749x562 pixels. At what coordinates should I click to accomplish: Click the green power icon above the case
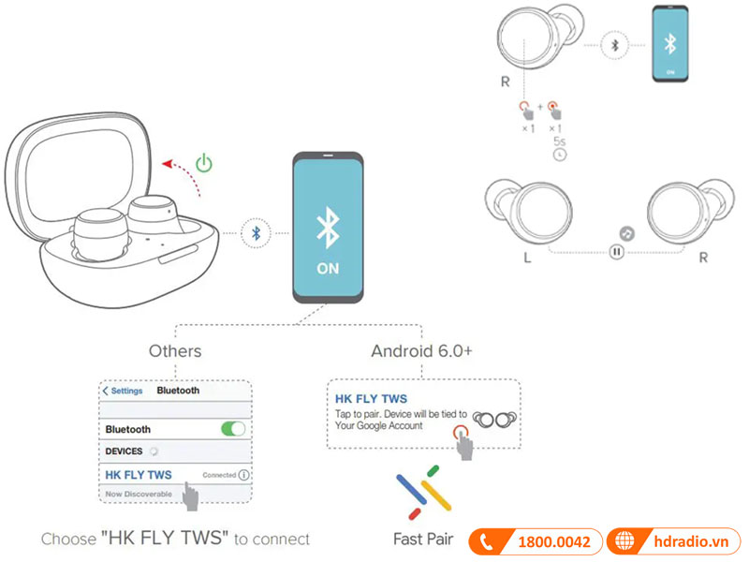point(204,164)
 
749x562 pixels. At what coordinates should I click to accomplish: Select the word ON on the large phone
point(328,269)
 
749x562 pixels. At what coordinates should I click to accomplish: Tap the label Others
point(175,351)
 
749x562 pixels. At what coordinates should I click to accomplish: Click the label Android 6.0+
point(422,351)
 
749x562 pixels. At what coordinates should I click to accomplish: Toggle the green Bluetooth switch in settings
point(232,429)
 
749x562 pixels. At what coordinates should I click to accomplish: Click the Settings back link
point(123,391)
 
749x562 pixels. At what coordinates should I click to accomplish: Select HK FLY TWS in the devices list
point(139,475)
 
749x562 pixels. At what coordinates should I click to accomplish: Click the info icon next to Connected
point(244,475)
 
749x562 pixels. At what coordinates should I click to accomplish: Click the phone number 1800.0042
point(554,541)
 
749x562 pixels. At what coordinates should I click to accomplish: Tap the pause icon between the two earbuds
point(616,251)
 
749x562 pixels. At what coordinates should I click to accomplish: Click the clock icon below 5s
point(560,154)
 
